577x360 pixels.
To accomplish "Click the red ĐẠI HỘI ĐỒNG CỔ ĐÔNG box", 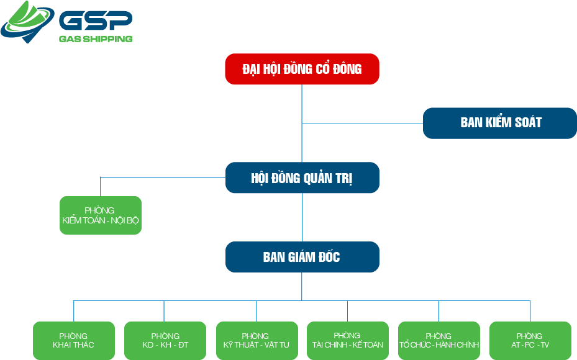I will (302, 69).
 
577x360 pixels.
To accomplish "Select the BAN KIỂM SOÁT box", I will (500, 123).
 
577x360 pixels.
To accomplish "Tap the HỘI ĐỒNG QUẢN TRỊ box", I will (302, 178).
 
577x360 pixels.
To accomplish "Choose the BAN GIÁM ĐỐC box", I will (302, 257).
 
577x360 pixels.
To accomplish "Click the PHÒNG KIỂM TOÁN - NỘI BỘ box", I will (101, 215).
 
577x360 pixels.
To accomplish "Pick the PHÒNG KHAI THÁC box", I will (74, 340).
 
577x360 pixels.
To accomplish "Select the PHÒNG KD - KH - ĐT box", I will (165, 340).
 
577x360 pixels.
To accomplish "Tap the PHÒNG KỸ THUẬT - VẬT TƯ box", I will (257, 340).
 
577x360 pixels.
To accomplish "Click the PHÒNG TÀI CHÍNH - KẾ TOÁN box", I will (348, 340).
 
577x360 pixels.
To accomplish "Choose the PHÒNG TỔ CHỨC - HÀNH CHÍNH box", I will (439, 340).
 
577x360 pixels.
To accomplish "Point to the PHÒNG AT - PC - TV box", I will (530, 340).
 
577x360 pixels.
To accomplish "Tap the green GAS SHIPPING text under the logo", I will (95, 39).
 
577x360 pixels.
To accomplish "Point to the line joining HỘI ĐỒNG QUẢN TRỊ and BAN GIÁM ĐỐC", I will (302, 217).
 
